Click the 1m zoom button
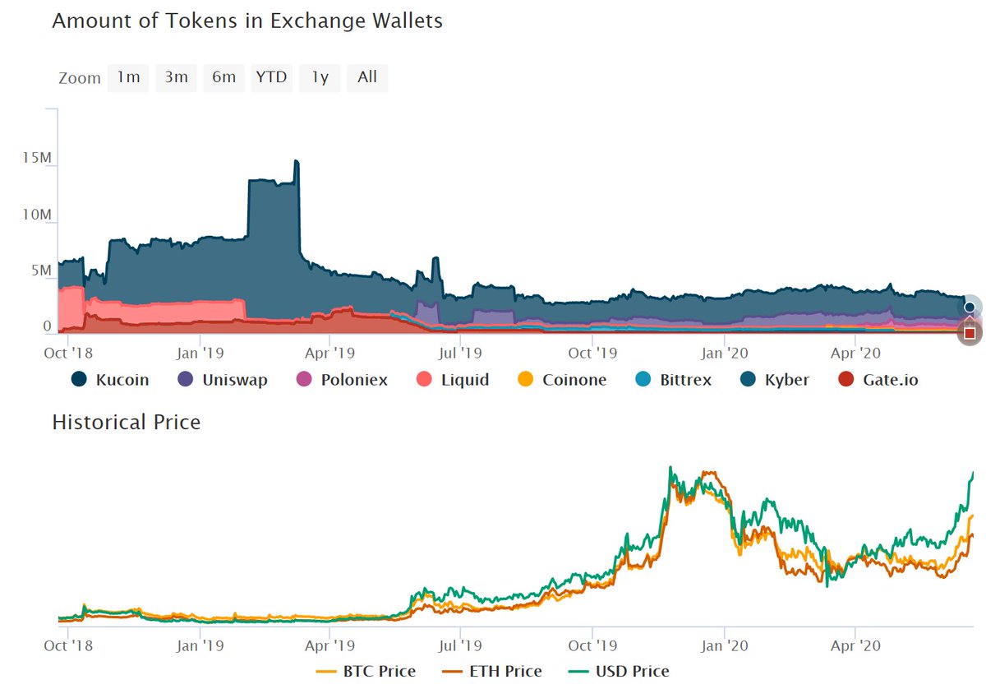pyautogui.click(x=128, y=77)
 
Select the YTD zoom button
pyautogui.click(x=271, y=77)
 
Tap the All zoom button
pyautogui.click(x=367, y=77)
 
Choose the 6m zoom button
pyautogui.click(x=223, y=77)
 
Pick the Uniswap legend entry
pyautogui.click(x=222, y=380)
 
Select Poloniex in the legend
pyautogui.click(x=342, y=380)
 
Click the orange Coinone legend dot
pyautogui.click(x=526, y=380)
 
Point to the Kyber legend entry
pyautogui.click(x=774, y=380)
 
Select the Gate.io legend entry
pyautogui.click(x=877, y=380)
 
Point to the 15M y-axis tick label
pyautogui.click(x=36, y=158)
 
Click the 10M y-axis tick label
pyautogui.click(x=36, y=215)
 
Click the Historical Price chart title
pyautogui.click(x=126, y=423)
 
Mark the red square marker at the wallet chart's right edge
pyautogui.click(x=970, y=333)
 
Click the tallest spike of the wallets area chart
pyautogui.click(x=297, y=163)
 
